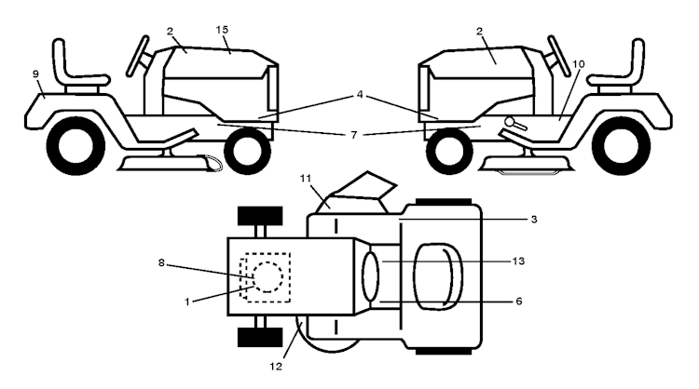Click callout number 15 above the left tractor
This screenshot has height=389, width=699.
pos(222,30)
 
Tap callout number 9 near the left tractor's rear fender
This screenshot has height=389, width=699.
pos(36,74)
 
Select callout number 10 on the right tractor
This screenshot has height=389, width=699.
pos(578,64)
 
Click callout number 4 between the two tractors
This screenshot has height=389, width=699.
pos(360,94)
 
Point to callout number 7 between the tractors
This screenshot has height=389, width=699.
pos(354,135)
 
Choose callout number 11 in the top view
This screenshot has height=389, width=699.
pos(306,179)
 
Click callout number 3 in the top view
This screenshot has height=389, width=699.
pos(534,219)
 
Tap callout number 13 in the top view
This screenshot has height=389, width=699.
pos(518,261)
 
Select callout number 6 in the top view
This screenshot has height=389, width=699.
pos(518,302)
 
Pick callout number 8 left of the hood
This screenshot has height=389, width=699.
pos(161,263)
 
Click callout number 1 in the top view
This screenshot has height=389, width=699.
pos(187,302)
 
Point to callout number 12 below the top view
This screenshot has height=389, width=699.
pos(276,367)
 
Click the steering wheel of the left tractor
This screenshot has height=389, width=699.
pos(138,56)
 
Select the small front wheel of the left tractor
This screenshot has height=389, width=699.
pos(247,152)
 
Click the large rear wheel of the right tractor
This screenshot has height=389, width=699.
pos(621,145)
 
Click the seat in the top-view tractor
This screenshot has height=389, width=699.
pos(438,276)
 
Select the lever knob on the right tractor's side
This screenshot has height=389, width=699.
pos(509,121)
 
